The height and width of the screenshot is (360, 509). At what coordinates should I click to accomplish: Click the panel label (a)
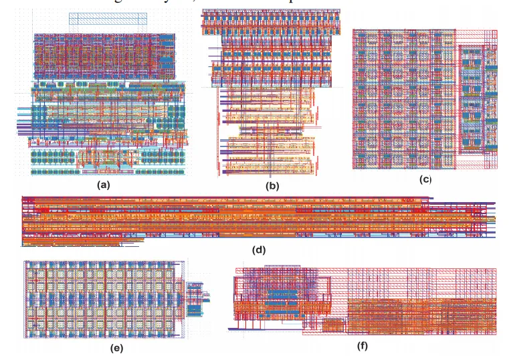pos(104,185)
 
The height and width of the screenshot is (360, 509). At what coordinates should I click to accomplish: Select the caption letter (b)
pos(272,187)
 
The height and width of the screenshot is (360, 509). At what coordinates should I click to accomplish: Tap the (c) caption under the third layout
pos(425,179)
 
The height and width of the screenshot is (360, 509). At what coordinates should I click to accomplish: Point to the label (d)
pos(260,250)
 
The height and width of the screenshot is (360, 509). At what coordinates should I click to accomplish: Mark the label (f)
pos(362,345)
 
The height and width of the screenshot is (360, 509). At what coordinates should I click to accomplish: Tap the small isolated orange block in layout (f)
pos(332,325)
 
